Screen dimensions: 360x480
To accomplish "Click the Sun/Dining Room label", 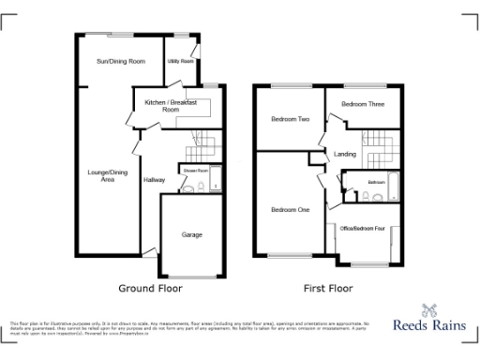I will (x=120, y=61).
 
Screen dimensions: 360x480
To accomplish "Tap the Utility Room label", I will (x=180, y=61).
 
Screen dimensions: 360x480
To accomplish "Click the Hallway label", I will (x=154, y=179).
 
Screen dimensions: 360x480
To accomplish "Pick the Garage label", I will (x=191, y=234).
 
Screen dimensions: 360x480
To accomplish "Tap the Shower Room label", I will (x=196, y=171).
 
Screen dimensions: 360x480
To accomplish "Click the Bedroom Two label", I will (x=290, y=119).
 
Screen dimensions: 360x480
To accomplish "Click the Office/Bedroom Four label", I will (x=365, y=228).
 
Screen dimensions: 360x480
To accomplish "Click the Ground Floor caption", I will (x=150, y=289).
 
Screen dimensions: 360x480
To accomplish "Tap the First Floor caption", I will (x=327, y=289).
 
